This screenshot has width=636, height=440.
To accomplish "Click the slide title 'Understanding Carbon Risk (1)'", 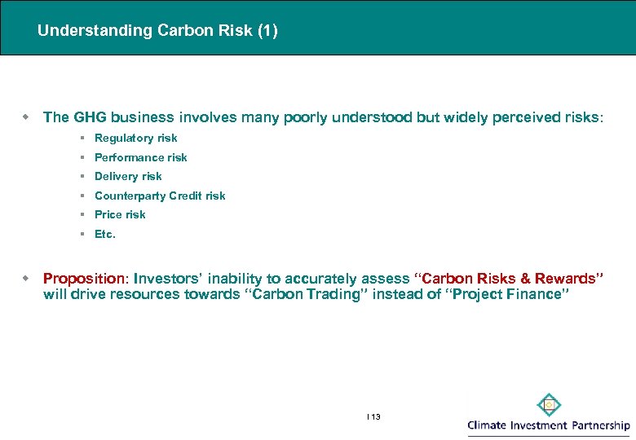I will tap(157, 31).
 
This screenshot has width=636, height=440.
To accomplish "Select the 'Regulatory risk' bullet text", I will tap(135, 139).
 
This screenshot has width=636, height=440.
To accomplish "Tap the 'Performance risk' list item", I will tap(140, 157).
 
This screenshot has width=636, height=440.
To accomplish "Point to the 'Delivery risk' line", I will tap(128, 176).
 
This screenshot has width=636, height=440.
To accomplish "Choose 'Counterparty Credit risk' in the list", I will tap(160, 196).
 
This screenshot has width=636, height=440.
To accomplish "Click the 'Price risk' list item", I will tap(120, 214).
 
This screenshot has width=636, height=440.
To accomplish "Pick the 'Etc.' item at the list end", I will tap(105, 234).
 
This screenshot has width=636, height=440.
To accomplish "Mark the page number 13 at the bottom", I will tap(375, 416).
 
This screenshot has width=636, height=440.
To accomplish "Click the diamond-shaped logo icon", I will tap(549, 405).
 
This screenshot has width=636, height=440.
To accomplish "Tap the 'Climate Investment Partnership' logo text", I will tap(548, 425).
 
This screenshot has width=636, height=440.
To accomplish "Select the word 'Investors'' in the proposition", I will tap(166, 279).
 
